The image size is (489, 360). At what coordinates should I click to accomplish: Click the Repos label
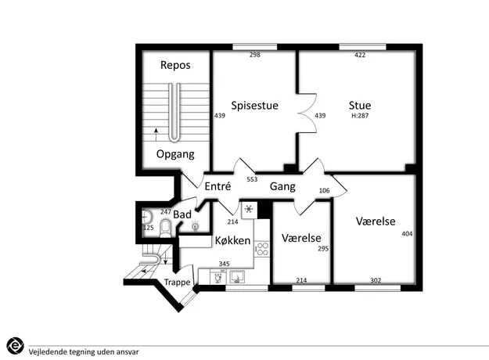(175, 65)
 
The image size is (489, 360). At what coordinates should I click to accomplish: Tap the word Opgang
(175, 154)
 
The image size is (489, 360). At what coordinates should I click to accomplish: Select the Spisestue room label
(254, 106)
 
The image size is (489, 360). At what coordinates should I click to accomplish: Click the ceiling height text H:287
(360, 116)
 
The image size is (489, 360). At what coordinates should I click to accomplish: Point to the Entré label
(218, 186)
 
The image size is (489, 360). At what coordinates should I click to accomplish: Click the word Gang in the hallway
(282, 186)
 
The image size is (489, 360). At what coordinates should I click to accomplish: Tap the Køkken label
(232, 240)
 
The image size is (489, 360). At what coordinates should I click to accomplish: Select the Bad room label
(182, 214)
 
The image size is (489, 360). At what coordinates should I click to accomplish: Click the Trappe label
(177, 283)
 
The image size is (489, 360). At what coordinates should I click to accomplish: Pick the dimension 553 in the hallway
(252, 179)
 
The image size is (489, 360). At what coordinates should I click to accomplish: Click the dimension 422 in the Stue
(360, 55)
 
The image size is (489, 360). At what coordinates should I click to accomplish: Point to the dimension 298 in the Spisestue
(255, 55)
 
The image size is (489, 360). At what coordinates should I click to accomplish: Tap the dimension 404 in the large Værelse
(407, 234)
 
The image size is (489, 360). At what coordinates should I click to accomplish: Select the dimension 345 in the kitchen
(225, 264)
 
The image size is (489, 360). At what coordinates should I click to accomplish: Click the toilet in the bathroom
(166, 228)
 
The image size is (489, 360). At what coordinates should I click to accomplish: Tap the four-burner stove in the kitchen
(262, 249)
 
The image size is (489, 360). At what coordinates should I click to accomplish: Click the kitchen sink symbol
(237, 277)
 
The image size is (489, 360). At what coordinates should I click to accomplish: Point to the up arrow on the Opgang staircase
(156, 135)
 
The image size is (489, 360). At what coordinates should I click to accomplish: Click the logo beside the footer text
(15, 346)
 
